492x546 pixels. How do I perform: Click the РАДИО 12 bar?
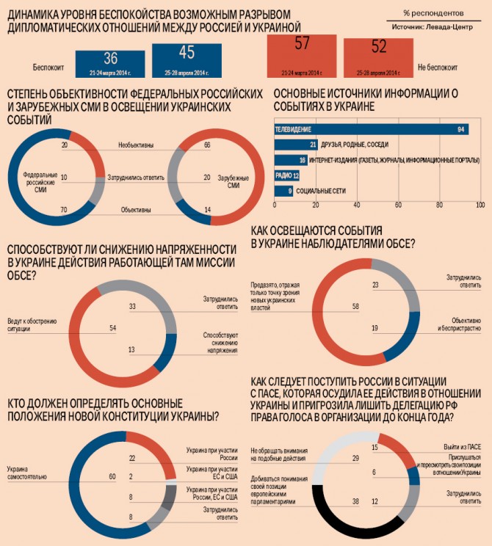point(287,176)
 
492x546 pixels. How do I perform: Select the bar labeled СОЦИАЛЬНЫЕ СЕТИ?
point(283,192)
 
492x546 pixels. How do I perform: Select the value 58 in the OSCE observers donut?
point(355,306)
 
